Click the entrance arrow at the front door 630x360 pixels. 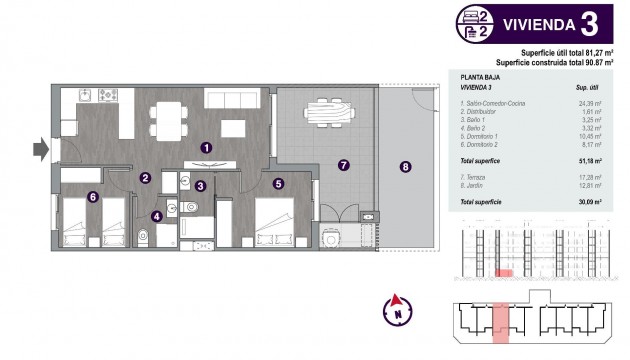39,150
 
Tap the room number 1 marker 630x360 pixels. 206,147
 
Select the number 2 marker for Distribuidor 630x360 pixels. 145,178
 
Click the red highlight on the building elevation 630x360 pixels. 506,272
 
